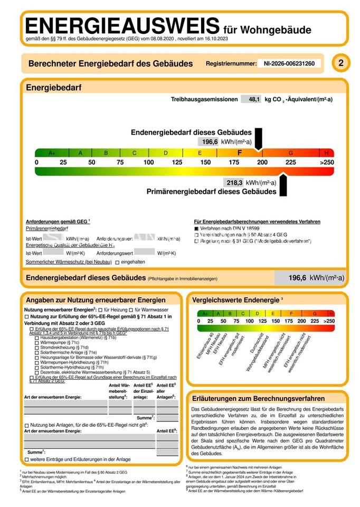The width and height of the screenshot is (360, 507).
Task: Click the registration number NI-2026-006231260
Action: (x=289, y=64)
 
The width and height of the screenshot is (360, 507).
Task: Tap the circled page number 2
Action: (x=340, y=64)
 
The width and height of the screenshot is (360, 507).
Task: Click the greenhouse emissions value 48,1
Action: (x=254, y=99)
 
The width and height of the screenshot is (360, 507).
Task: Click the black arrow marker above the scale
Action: (x=258, y=139)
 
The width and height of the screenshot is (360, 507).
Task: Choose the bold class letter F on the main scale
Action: (x=239, y=153)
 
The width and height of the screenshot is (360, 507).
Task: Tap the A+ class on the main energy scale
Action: (x=52, y=153)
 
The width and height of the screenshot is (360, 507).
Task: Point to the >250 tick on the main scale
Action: (x=327, y=162)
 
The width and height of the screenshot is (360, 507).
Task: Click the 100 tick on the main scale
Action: (x=148, y=162)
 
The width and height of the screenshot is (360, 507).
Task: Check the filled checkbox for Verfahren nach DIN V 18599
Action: (x=196, y=228)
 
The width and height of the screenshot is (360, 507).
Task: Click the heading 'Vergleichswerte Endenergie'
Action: (x=236, y=299)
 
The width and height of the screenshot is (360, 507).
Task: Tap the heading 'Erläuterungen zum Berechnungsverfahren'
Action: (x=258, y=399)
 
